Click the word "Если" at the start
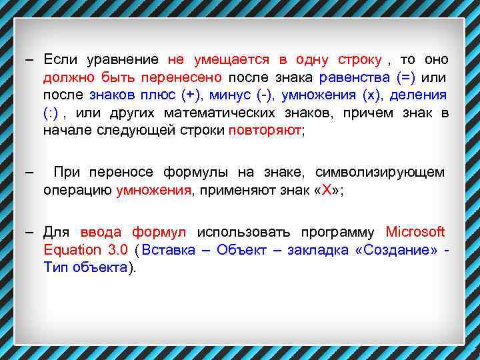(60, 60)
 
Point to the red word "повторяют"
(265, 129)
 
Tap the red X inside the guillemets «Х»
(327, 190)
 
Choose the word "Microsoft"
(415, 233)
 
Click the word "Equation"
(71, 250)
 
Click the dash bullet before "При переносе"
(29, 173)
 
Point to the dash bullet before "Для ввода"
(29, 233)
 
